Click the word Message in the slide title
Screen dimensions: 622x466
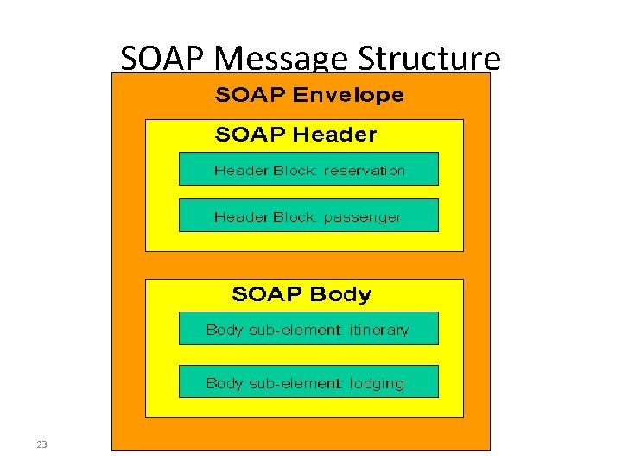pos(282,60)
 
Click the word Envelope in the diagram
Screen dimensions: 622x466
pos(348,95)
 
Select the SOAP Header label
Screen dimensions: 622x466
pos(295,135)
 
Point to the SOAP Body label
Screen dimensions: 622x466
pos(301,294)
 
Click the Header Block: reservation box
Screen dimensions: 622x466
pos(308,169)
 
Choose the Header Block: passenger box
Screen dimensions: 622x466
pos(308,216)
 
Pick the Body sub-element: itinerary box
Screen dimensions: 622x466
pos(308,329)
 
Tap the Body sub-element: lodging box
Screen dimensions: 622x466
pos(308,382)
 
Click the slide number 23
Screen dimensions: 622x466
pos(41,444)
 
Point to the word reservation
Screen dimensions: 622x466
pos(364,171)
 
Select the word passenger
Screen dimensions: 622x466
pos(362,217)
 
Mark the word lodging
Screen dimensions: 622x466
pos(377,384)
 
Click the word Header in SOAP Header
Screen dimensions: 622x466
pos(335,135)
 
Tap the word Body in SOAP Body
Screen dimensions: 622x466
pos(340,294)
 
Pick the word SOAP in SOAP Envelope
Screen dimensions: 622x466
pos(250,95)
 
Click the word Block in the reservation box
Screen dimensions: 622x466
pos(295,171)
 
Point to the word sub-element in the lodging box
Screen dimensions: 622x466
pos(292,383)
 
